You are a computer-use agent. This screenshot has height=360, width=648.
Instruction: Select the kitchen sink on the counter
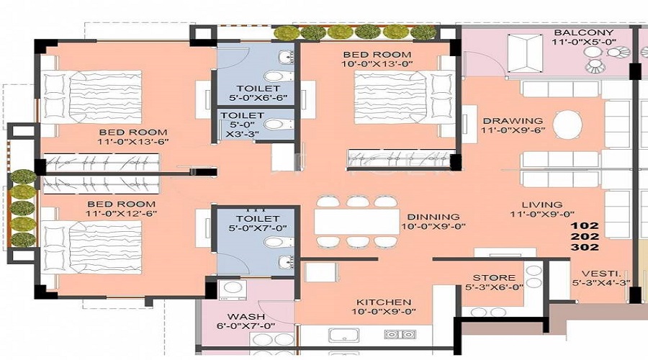341,335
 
